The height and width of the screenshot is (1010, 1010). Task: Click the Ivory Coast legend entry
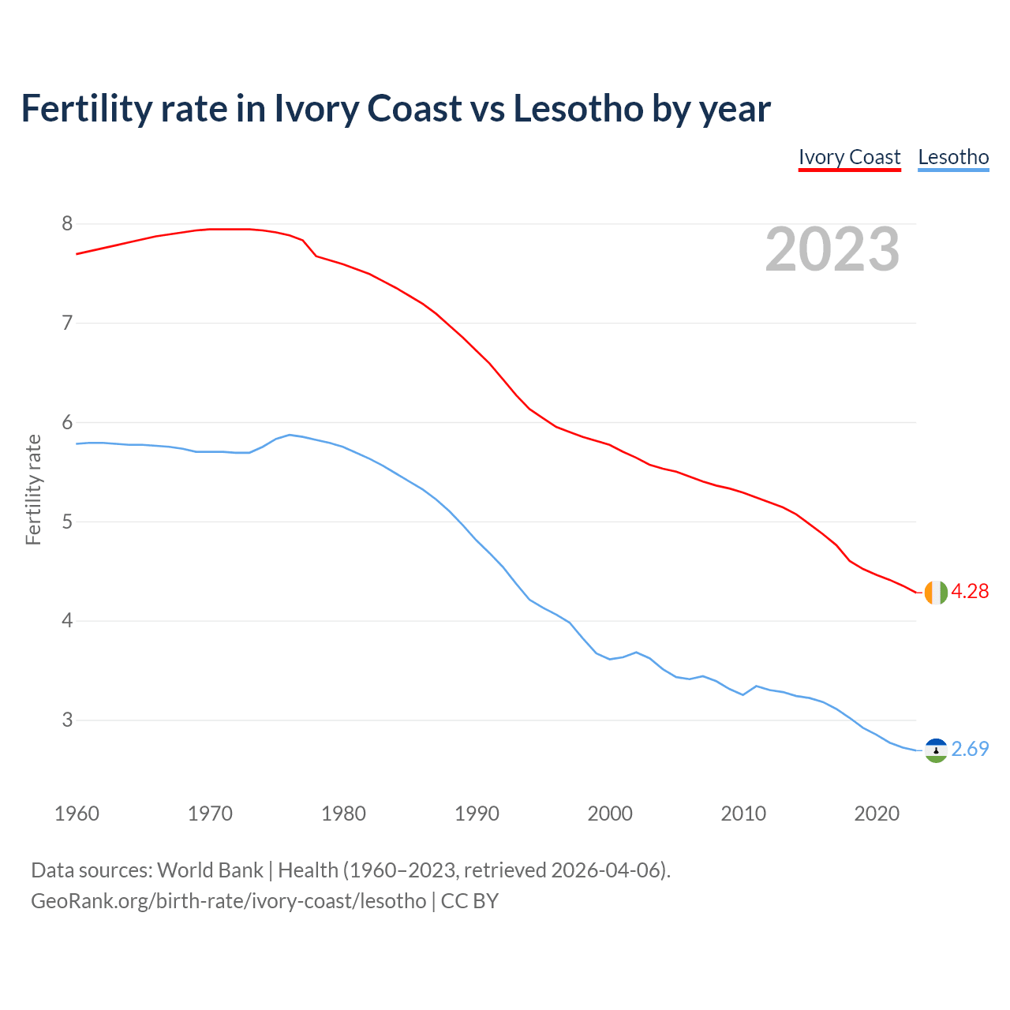[849, 157]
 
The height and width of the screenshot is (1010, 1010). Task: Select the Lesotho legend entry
[953, 157]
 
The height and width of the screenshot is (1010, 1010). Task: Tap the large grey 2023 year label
[832, 249]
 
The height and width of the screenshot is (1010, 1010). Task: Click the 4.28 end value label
[970, 591]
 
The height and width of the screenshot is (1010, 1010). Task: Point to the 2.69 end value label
[970, 749]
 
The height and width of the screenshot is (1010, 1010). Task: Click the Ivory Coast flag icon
[936, 592]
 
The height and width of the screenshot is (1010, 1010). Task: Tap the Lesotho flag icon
[936, 750]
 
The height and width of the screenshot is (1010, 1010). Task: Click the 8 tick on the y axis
[67, 224]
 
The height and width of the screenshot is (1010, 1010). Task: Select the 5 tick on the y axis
[67, 522]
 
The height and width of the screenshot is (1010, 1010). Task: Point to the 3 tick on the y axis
[67, 720]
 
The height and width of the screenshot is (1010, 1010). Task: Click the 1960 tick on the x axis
[77, 814]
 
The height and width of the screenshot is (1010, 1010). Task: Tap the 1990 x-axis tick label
[477, 814]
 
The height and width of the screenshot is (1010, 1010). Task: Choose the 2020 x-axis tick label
[877, 814]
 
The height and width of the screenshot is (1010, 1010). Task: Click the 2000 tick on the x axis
[610, 814]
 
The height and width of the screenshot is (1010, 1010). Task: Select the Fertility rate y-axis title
[33, 489]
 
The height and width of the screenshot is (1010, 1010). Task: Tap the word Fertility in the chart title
[85, 108]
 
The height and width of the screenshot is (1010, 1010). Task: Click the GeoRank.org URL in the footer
[228, 900]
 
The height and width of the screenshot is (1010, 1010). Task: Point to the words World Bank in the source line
[210, 870]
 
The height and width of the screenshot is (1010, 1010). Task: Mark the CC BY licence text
[469, 900]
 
